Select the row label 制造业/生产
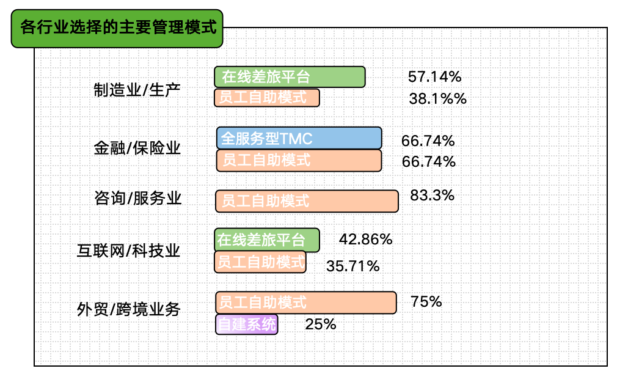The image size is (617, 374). [137, 90]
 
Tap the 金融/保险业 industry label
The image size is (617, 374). [137, 148]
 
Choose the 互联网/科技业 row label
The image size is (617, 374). [128, 251]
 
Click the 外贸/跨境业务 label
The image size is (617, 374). [128, 309]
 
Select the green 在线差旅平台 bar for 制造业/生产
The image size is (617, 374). [290, 77]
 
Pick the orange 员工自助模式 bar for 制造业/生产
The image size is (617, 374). [267, 98]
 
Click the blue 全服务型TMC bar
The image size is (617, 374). [299, 138]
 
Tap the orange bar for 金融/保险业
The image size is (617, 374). [299, 160]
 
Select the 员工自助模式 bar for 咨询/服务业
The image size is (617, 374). [307, 200]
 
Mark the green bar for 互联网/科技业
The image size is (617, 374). [267, 240]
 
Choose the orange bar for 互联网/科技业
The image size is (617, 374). [260, 262]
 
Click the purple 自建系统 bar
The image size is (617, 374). [247, 324]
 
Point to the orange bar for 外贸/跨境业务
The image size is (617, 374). [306, 302]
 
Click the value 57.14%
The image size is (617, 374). [434, 77]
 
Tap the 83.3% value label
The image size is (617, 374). [432, 196]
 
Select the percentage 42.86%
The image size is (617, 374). [365, 240]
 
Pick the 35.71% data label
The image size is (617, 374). [352, 266]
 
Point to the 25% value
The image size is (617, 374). [320, 324]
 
